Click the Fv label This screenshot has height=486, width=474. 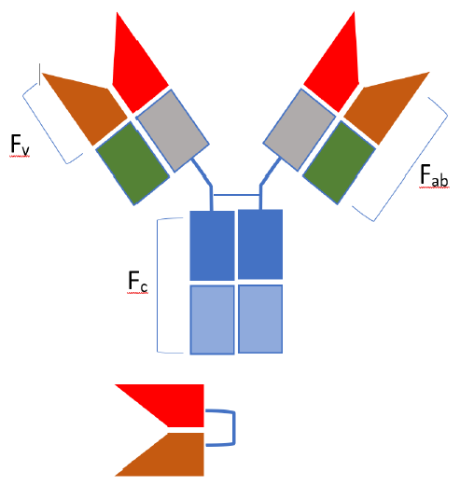tap(20, 145)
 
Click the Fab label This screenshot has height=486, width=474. tap(434, 175)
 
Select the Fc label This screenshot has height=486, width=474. tap(137, 282)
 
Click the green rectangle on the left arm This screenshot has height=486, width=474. tap(132, 163)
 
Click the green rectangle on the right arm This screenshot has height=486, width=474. tap(340, 162)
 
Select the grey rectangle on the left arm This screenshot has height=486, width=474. tap(173, 131)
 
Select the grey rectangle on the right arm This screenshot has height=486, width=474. tap(300, 130)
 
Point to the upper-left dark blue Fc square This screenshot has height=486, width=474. tap(212, 245)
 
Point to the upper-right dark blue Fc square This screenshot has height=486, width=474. tap(260, 244)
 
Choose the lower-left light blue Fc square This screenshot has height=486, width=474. tap(212, 320)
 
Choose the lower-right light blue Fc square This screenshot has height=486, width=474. tap(260, 319)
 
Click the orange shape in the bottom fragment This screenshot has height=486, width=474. tap(174, 455)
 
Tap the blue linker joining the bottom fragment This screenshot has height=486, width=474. tap(234, 428)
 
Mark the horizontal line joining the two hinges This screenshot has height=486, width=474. tap(236, 195)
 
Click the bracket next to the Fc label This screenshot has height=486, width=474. tap(158, 286)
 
